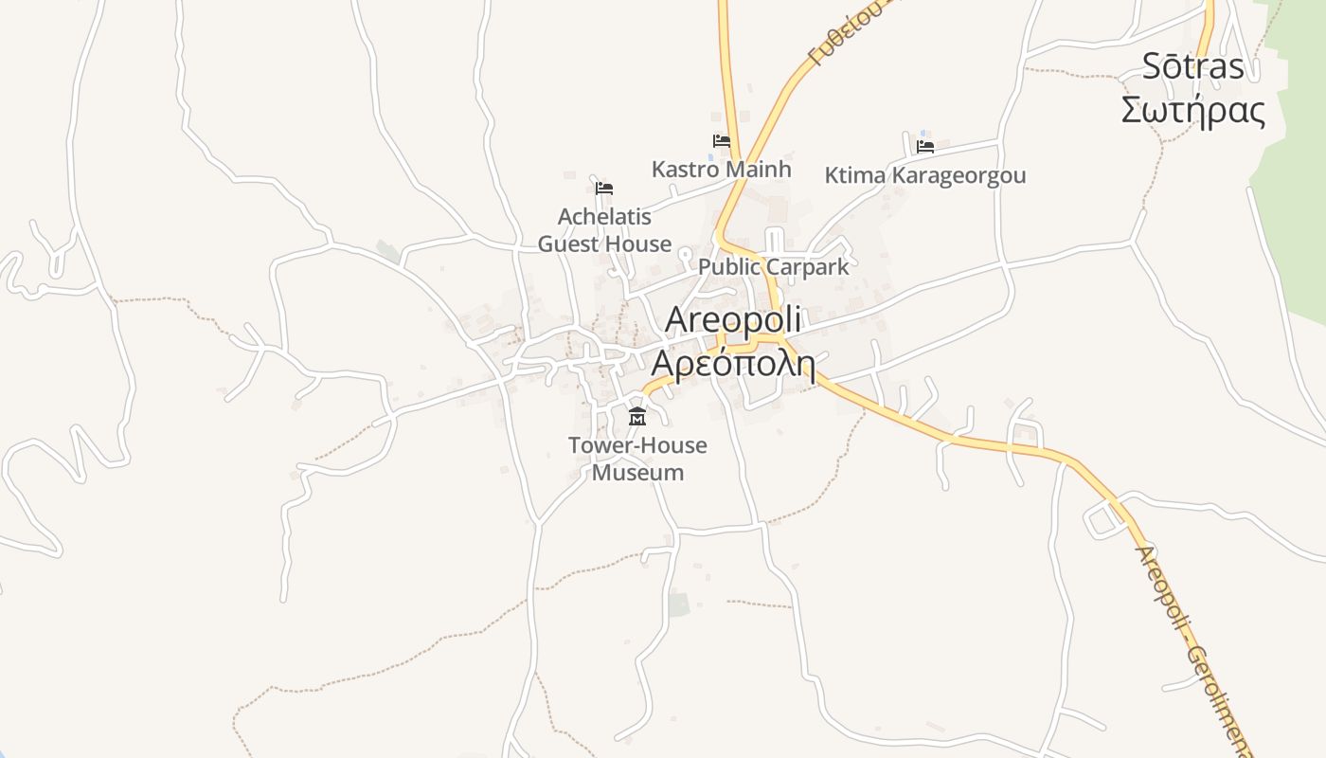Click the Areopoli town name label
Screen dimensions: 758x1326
tap(733, 320)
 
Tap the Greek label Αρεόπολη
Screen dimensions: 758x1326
tap(733, 363)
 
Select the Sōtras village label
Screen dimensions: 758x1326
tap(1192, 66)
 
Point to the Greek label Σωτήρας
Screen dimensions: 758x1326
tap(1192, 111)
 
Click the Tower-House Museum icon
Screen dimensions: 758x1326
tap(636, 416)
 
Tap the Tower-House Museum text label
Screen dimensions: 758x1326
tap(637, 459)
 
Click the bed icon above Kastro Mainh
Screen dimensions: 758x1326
tap(722, 141)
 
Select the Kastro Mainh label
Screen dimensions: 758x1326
tap(721, 170)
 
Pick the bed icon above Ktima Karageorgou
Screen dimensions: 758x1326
tap(925, 146)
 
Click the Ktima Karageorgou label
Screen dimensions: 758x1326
tap(924, 176)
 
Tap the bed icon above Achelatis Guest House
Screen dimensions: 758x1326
tap(604, 188)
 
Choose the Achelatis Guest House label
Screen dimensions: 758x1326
tap(604, 230)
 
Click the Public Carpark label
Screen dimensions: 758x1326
tap(774, 267)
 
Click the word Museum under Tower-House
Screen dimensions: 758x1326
tap(637, 472)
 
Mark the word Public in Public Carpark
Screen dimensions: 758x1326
tap(729, 267)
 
